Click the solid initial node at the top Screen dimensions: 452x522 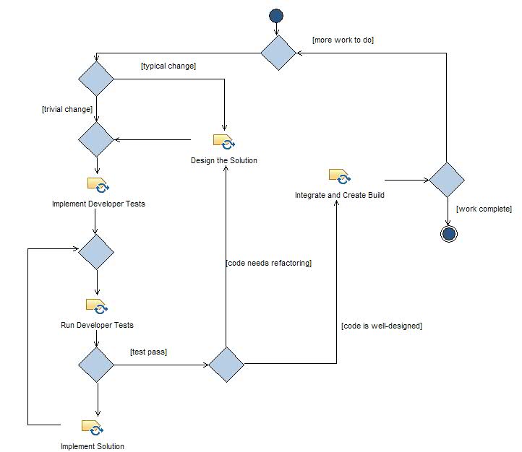tap(275, 16)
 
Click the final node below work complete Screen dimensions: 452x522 tap(448, 233)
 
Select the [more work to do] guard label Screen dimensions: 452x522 tap(343, 40)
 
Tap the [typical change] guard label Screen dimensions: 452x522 tap(168, 66)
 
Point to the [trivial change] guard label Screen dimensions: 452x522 tap(67, 109)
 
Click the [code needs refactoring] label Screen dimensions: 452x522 tap(269, 264)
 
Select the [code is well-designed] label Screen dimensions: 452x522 tap(382, 326)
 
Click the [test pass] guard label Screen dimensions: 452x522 tap(149, 352)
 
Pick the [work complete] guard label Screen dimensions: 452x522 tap(484, 209)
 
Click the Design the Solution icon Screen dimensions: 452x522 tap(224, 141)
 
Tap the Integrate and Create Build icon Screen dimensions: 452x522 tap(340, 176)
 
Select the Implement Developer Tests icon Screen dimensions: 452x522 tap(98, 184)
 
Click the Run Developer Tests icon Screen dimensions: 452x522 tap(97, 305)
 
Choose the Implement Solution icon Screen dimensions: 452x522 tap(93, 427)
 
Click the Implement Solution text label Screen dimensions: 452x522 tap(93, 446)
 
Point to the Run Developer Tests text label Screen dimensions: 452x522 tap(97, 325)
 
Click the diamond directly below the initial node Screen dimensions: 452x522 tap(278, 53)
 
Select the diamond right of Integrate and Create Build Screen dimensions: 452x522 tap(447, 180)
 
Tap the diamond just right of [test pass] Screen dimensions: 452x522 tap(226, 365)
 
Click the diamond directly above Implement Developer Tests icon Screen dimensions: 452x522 tap(96, 139)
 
